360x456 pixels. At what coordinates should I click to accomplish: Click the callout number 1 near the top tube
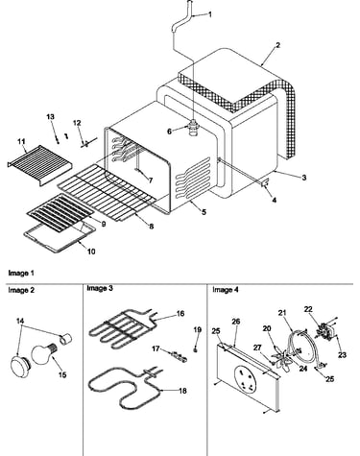point(210,14)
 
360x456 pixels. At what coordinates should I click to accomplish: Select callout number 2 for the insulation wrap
point(277,45)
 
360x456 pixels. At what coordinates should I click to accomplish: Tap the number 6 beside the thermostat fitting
point(170,131)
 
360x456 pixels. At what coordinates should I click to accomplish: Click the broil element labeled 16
point(122,328)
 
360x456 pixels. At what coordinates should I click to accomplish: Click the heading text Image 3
point(100,288)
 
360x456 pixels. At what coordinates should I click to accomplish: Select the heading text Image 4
point(226,290)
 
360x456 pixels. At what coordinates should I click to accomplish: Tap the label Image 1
point(21,273)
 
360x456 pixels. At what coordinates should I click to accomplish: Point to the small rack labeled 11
point(39,164)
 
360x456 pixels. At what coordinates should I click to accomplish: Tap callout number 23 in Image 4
point(342,354)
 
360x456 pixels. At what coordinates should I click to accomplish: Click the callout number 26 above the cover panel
point(236,322)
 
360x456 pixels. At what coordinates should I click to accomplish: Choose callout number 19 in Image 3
point(198,329)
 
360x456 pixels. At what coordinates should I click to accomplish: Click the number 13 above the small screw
point(51,117)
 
